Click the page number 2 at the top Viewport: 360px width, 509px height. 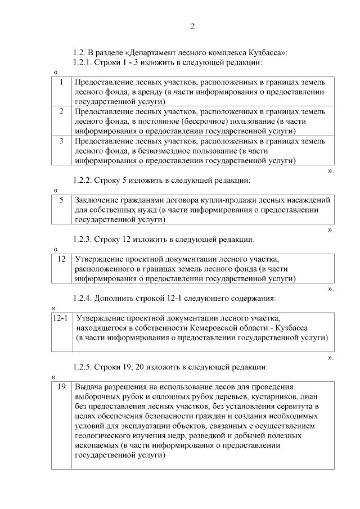(192, 26)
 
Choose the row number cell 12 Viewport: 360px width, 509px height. (62, 259)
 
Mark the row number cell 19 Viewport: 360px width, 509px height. (62, 386)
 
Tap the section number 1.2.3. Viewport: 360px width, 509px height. (82, 239)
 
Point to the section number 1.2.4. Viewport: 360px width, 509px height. (82, 298)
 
